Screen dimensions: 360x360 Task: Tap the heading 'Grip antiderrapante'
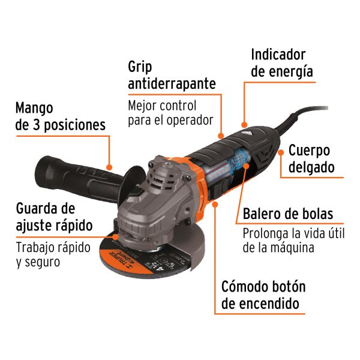[x=172, y=74]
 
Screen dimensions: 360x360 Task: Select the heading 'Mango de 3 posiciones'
[x=60, y=116]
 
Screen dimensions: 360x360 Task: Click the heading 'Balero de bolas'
[x=287, y=214]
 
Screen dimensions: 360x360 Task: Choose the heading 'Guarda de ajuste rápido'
[x=54, y=217]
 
